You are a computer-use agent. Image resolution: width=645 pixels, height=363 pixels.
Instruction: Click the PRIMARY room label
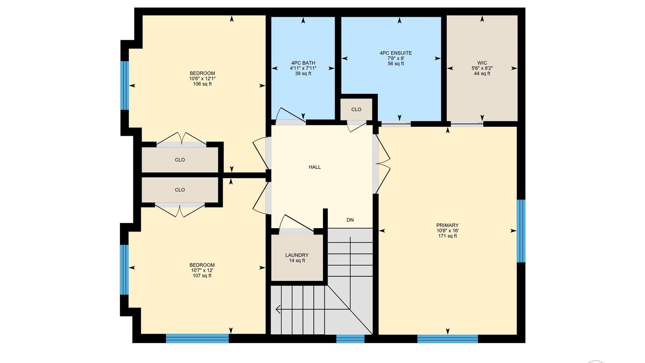[x=447, y=225]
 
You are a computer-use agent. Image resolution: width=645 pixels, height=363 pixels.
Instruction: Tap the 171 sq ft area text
[x=447, y=236]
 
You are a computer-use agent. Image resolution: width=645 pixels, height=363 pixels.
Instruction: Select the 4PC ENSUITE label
[x=396, y=53]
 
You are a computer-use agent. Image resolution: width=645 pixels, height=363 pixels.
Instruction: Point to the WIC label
[x=482, y=63]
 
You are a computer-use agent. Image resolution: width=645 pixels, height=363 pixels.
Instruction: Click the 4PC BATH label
[x=303, y=63]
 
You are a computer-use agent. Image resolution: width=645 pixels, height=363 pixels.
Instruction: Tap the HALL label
[x=315, y=167]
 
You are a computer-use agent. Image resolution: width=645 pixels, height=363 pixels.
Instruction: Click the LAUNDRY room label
[x=297, y=255]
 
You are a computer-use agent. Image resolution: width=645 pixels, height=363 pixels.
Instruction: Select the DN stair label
[x=350, y=220]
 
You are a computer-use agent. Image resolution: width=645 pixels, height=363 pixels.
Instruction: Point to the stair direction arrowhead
[x=278, y=309]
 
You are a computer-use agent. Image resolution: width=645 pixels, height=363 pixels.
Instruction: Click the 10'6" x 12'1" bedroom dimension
[x=202, y=79]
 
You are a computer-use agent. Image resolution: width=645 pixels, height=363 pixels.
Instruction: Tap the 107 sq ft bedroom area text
[x=202, y=276]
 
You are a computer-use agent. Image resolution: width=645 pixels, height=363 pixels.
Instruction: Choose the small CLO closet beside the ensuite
[x=356, y=109]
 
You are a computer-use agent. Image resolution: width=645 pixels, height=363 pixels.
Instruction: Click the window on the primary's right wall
[x=521, y=231]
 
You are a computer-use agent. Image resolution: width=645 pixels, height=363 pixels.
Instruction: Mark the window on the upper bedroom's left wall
[x=125, y=85]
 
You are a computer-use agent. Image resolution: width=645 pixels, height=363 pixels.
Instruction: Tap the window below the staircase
[x=350, y=338]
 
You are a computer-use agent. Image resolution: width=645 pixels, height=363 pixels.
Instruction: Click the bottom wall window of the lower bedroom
[x=198, y=338]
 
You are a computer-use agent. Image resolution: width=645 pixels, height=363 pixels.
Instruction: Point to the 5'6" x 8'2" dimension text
[x=482, y=68]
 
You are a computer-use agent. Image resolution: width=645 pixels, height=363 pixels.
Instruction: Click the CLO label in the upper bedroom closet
[x=180, y=160]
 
